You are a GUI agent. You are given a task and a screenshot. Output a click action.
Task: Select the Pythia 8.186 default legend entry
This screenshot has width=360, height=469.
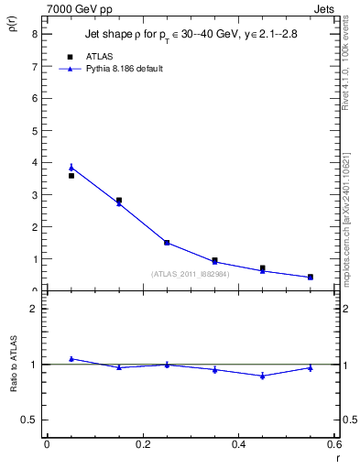point(125,69)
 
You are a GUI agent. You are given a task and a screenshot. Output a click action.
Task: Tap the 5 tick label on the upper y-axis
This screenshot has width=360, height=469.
point(34,130)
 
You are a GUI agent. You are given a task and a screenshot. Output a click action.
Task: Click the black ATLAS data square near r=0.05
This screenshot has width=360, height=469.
point(71,175)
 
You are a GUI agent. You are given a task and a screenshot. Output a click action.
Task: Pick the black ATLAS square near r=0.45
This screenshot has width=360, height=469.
point(262,268)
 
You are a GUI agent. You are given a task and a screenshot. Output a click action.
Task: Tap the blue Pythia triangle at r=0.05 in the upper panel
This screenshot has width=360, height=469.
point(71,168)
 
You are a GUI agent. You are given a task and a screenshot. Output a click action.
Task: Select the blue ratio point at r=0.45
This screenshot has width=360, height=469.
point(262,376)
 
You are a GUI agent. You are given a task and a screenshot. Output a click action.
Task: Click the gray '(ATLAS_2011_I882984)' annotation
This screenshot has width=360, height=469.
point(191,274)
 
